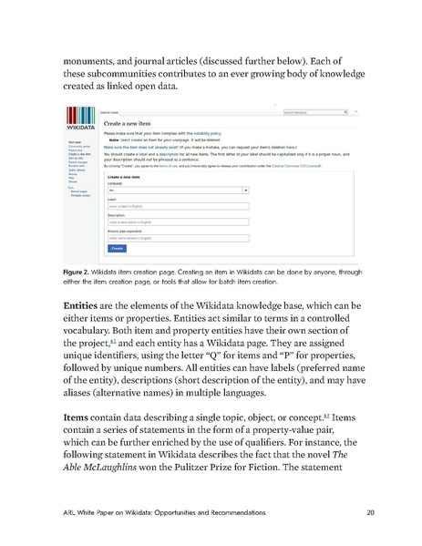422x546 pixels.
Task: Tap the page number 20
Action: [x=369, y=522]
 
